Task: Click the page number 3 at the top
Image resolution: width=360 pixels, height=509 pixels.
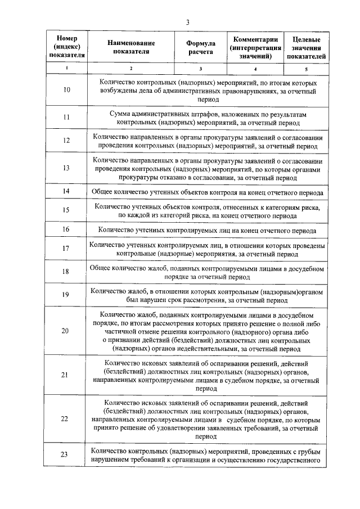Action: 187,22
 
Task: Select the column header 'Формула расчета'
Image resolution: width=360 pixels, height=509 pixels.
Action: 201,48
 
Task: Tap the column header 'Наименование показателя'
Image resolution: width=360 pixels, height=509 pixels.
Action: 131,48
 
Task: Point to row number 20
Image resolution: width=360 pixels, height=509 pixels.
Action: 66,331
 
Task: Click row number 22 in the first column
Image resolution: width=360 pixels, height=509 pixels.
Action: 66,419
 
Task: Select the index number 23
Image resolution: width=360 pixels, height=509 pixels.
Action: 66,454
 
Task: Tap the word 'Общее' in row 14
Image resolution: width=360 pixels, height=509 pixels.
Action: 103,192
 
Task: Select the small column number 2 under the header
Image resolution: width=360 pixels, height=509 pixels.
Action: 131,69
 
